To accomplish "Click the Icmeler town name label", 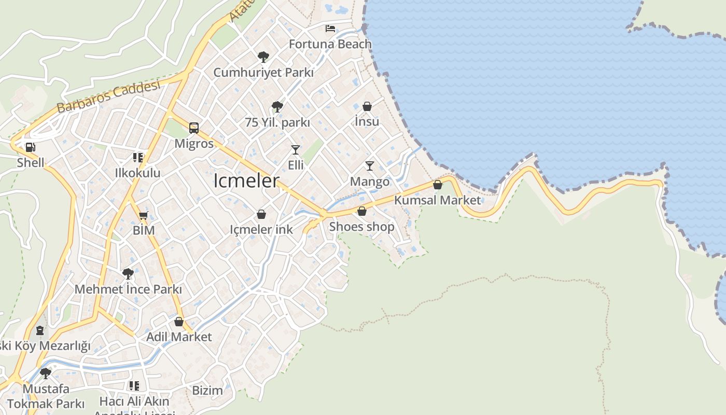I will [x=246, y=181].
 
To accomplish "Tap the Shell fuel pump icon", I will [x=31, y=147].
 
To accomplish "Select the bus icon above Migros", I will [x=194, y=128].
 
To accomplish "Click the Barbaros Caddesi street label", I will [x=108, y=97].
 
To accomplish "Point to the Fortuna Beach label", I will [x=330, y=44].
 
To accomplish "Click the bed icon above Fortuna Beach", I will [x=330, y=28].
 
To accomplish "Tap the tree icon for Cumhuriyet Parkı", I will [x=263, y=57].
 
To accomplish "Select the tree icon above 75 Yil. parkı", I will [x=277, y=107].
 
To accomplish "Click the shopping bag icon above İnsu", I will [x=367, y=106].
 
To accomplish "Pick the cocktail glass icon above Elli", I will [x=296, y=150].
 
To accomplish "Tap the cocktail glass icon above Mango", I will [x=370, y=166].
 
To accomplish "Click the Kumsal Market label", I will [x=438, y=200].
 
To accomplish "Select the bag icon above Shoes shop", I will [x=362, y=211].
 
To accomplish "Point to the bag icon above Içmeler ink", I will [x=261, y=214].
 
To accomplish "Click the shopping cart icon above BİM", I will [x=144, y=216].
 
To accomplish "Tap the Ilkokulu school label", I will [x=138, y=173].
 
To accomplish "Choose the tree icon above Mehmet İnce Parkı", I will [x=128, y=274].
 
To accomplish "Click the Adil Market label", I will [x=179, y=337].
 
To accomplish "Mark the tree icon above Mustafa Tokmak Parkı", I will [x=46, y=372].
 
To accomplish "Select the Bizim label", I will [x=207, y=390].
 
